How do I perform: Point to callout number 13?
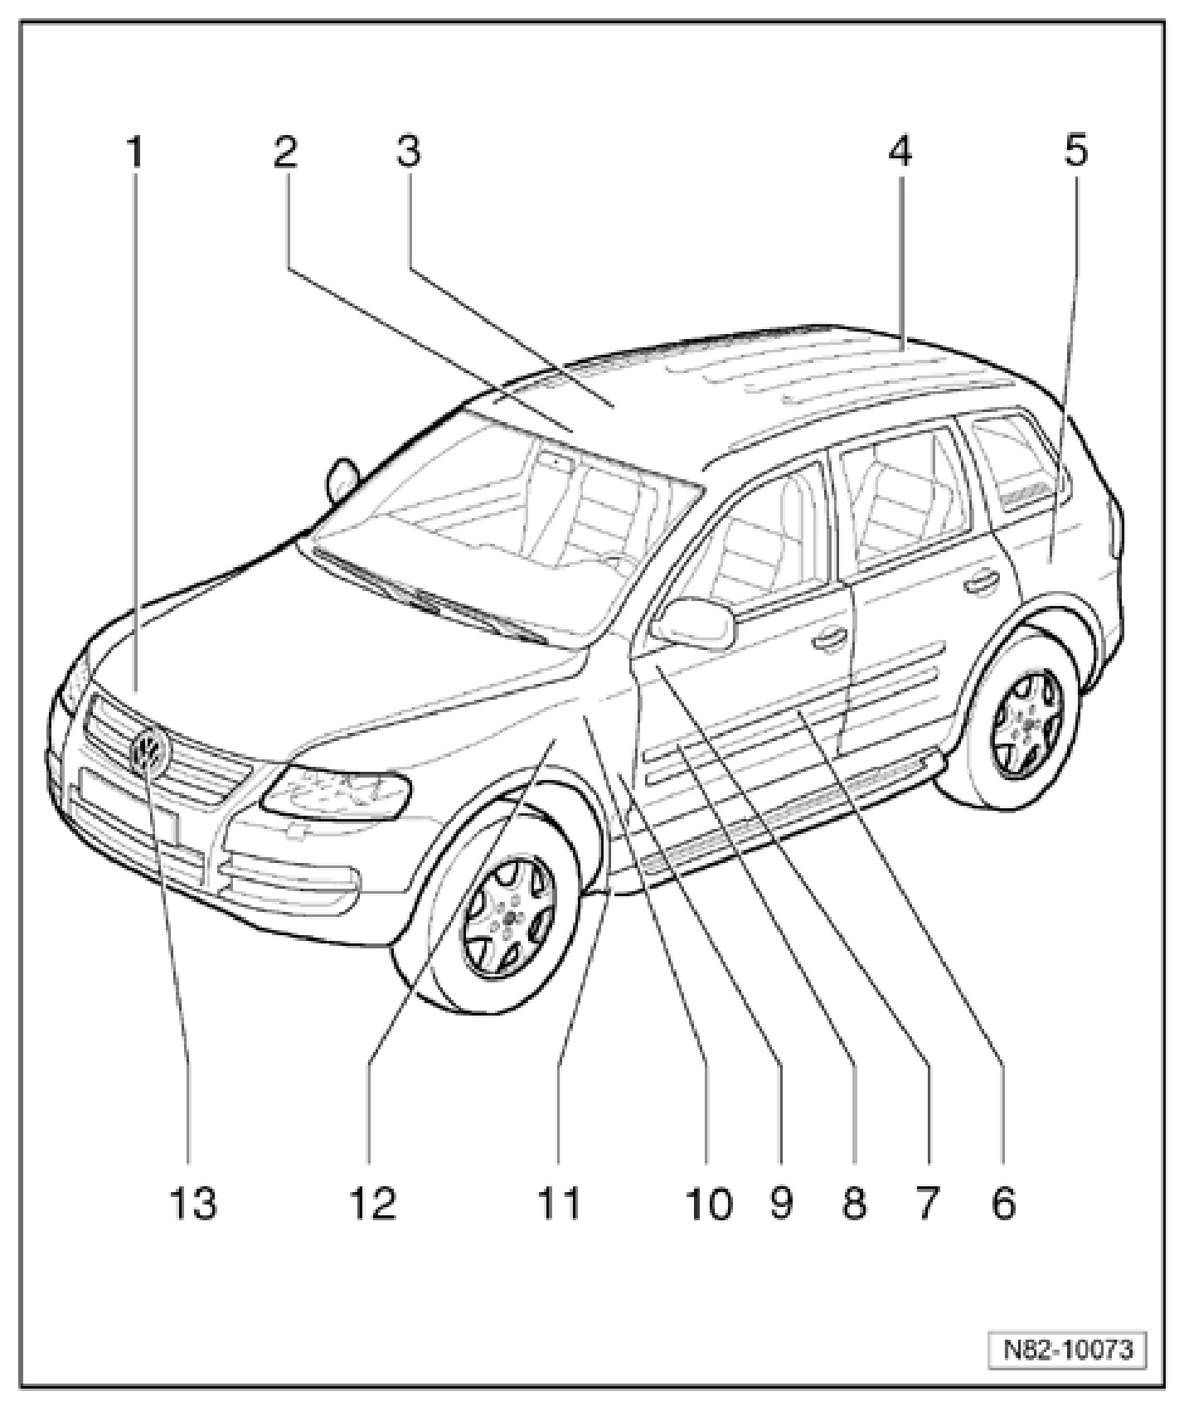tap(193, 1204)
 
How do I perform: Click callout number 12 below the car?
tap(372, 1204)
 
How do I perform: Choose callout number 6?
tap(1003, 1204)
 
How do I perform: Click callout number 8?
tap(854, 1204)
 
